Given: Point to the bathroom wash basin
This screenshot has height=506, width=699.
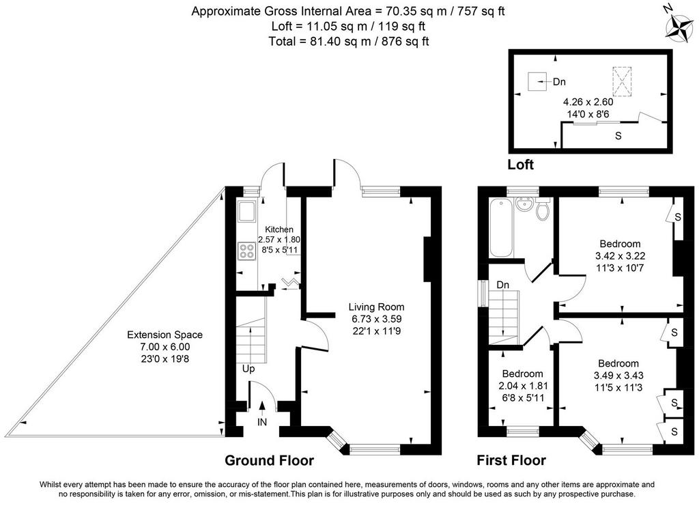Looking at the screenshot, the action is click(524, 205).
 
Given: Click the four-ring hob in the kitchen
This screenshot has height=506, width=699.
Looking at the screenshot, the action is click(246, 251).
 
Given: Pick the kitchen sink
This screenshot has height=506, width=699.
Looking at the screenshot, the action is click(246, 212).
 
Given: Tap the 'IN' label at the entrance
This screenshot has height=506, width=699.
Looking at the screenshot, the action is click(262, 422).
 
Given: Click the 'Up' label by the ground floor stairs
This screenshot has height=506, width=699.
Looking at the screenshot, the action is click(248, 369).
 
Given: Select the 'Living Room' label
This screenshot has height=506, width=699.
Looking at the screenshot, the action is click(376, 307).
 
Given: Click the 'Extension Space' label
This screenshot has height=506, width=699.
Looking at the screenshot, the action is click(165, 335).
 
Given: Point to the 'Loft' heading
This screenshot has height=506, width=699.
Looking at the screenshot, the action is click(521, 165).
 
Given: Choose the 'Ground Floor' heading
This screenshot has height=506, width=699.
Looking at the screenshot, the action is click(269, 460).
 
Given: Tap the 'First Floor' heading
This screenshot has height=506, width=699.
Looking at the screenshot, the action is click(511, 460).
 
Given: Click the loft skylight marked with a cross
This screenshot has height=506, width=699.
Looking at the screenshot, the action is click(623, 81).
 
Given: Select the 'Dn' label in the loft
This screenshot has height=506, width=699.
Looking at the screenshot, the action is click(559, 82).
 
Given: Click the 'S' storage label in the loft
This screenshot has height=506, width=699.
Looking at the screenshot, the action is click(618, 135).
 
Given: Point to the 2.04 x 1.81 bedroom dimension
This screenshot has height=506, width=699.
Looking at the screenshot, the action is click(522, 386).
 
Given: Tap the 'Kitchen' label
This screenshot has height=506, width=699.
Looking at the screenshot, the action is click(279, 229).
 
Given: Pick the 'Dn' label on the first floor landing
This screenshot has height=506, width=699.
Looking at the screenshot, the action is click(503, 285).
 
